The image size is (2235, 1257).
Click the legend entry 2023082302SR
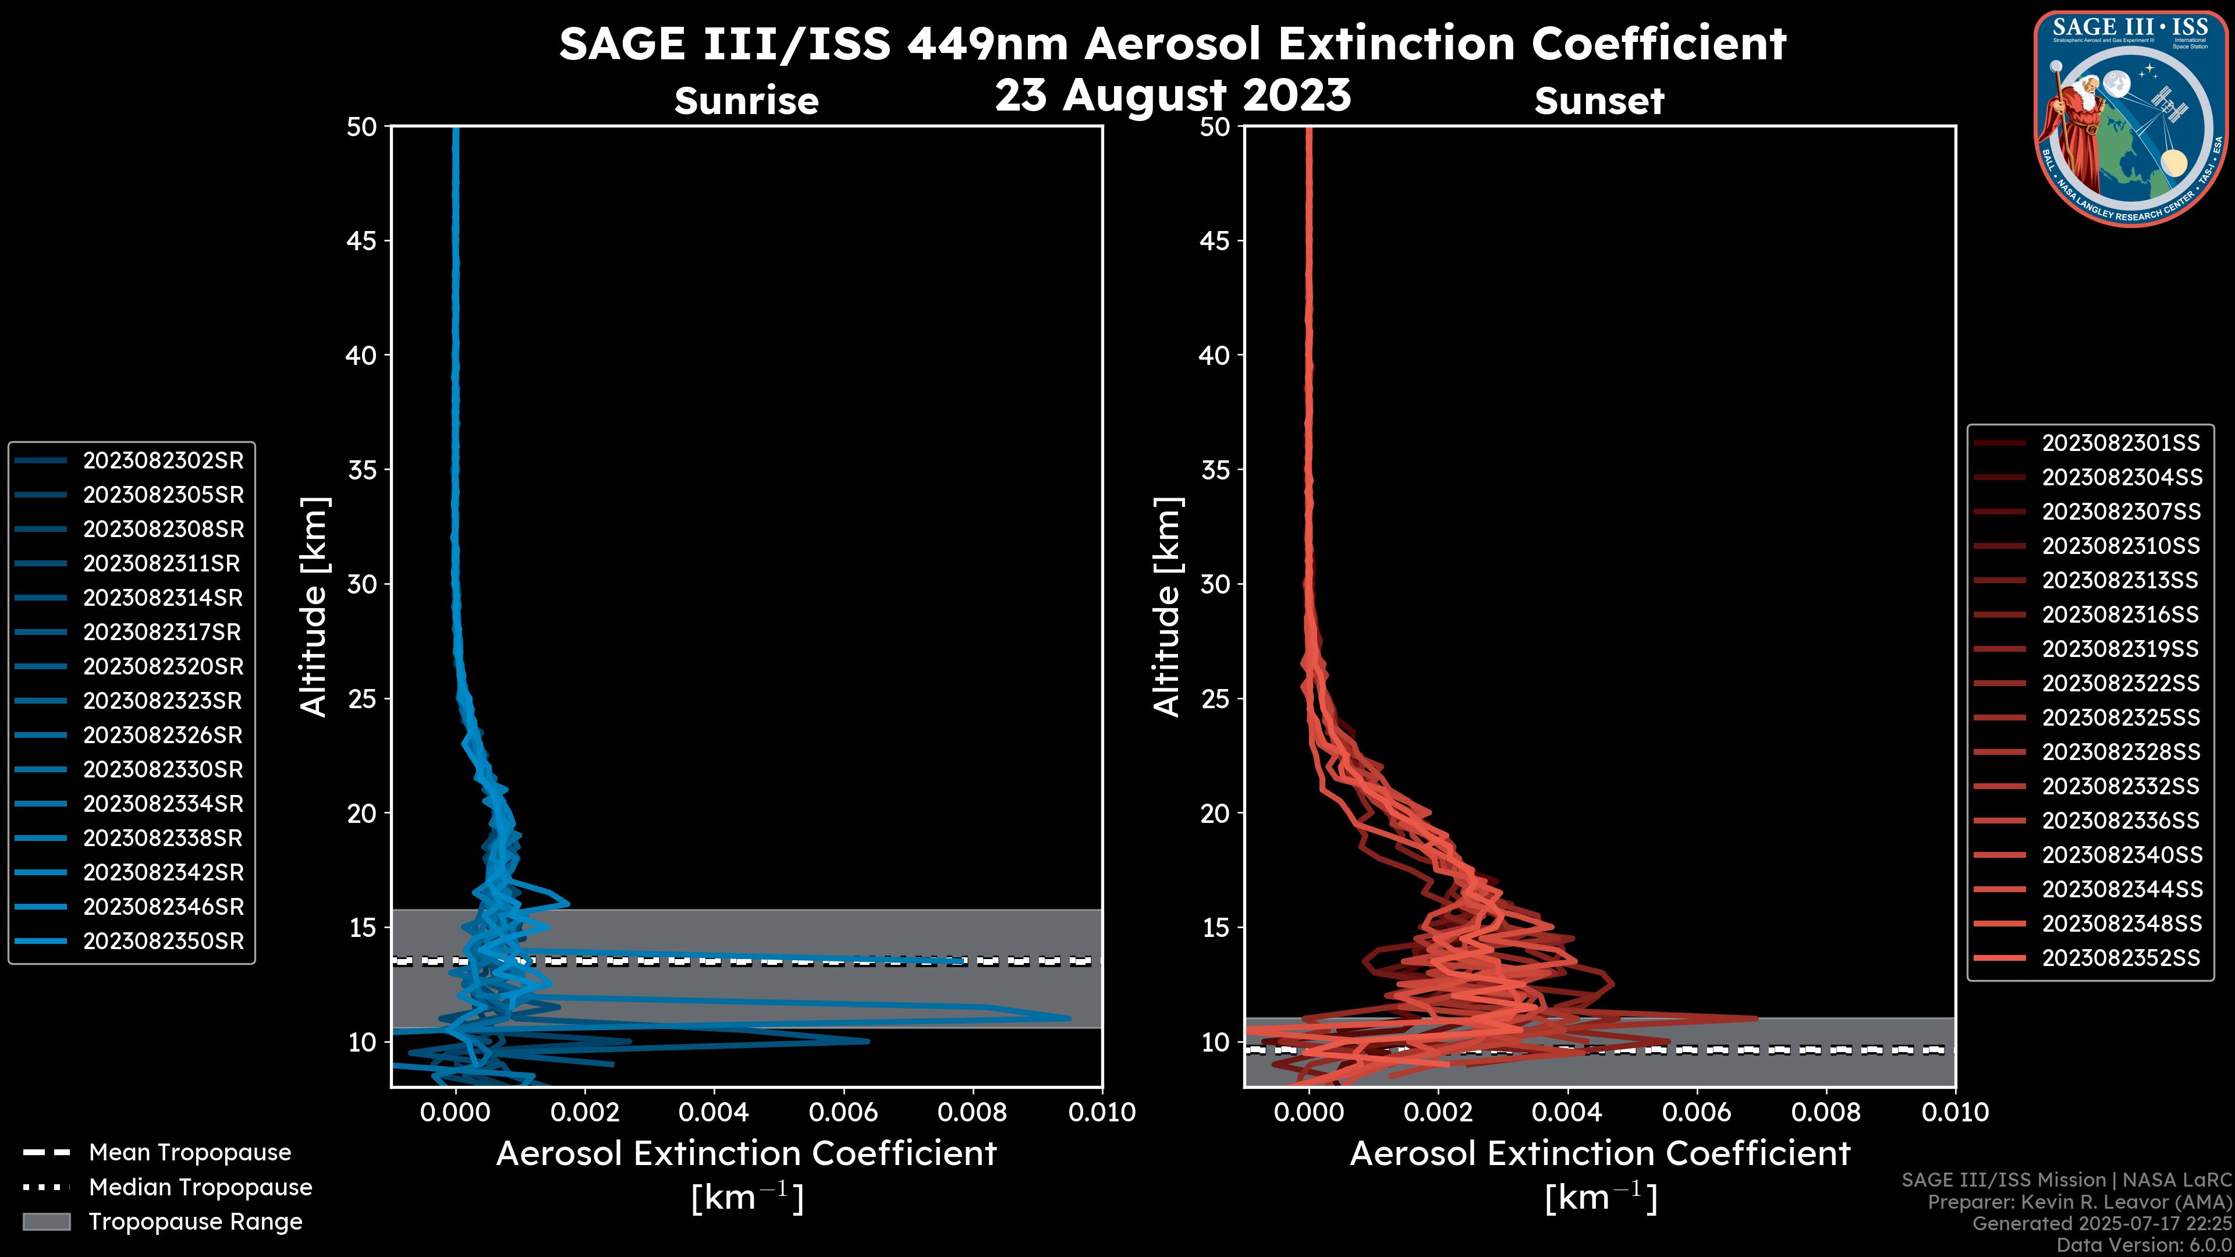point(163,461)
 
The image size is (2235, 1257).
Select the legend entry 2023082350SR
point(163,941)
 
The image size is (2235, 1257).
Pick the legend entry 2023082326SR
point(163,736)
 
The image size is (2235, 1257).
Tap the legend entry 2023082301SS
point(2120,443)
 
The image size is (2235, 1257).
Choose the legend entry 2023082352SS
point(2120,958)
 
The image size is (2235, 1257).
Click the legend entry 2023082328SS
point(2120,752)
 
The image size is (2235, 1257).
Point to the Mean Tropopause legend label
point(190,1153)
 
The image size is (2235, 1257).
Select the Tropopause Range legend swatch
point(46,1222)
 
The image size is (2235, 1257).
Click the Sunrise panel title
point(746,101)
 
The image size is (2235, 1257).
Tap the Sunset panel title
point(1599,101)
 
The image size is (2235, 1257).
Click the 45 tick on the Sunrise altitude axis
point(361,241)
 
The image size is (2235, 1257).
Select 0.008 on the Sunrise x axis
point(972,1112)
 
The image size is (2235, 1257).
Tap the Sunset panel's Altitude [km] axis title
point(1167,607)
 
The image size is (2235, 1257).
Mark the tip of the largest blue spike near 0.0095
point(1069,1018)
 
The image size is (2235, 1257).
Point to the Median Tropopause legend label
point(200,1188)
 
